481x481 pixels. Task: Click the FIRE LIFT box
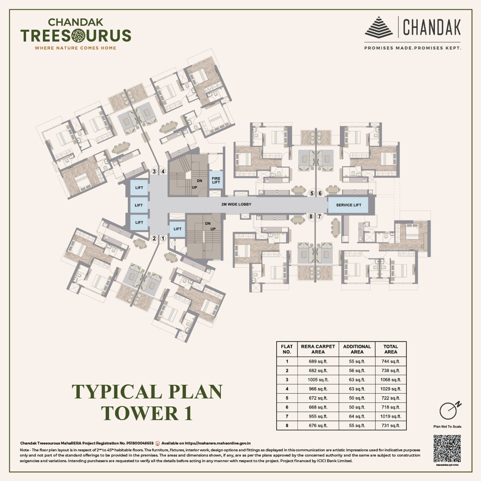(x=216, y=180)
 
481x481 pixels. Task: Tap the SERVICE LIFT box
(x=348, y=205)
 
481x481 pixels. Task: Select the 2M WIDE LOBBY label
(x=236, y=204)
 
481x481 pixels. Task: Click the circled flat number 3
(x=154, y=171)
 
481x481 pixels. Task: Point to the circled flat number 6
(x=320, y=193)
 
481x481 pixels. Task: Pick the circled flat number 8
(x=311, y=216)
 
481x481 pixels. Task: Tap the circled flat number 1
(x=163, y=238)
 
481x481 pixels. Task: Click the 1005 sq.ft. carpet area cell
(x=318, y=380)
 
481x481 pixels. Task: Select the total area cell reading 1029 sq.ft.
(x=390, y=389)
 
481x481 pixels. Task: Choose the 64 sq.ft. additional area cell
(x=357, y=417)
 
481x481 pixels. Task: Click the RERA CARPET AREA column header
(x=318, y=349)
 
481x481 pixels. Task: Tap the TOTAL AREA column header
(x=390, y=349)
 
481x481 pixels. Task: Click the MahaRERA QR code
(x=447, y=448)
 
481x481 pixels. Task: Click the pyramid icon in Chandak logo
(x=378, y=27)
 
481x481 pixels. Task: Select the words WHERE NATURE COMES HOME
(x=75, y=48)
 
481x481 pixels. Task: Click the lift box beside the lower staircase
(x=177, y=229)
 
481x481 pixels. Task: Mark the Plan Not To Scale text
(x=447, y=427)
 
